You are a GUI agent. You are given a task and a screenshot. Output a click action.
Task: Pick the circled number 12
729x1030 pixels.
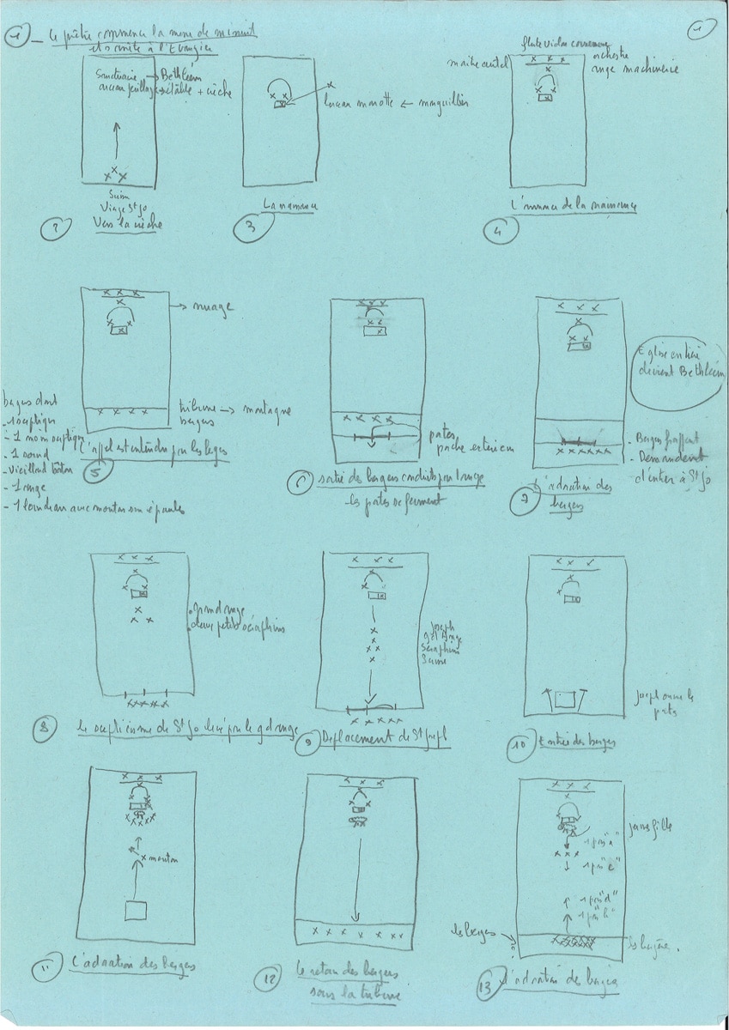[266, 977]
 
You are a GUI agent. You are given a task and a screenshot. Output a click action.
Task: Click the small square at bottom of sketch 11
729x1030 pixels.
[135, 911]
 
